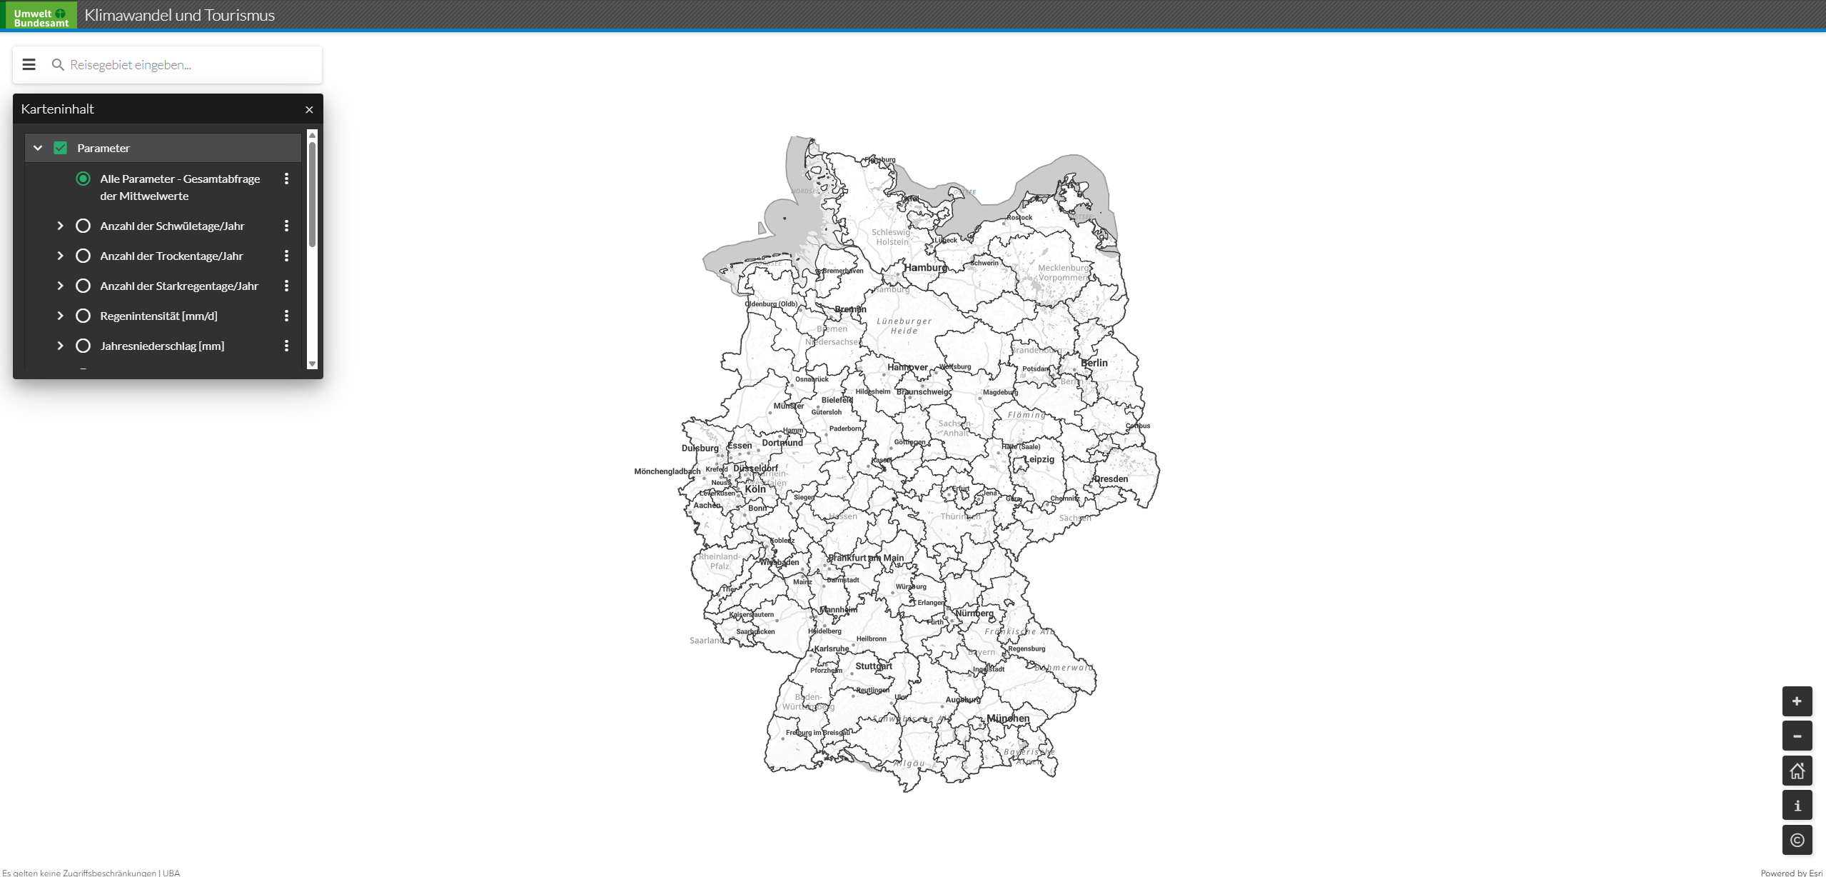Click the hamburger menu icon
tap(29, 65)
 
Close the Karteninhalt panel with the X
tap(309, 110)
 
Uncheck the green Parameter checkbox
tap(61, 148)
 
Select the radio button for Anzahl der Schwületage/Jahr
tap(83, 226)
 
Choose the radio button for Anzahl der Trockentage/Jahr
tap(83, 256)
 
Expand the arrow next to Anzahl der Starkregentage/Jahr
tap(60, 286)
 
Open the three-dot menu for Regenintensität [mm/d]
tap(286, 316)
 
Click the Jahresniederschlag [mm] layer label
tap(162, 346)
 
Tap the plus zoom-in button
tap(1797, 701)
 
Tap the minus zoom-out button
tap(1797, 736)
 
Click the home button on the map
tap(1797, 771)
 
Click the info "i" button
tap(1797, 806)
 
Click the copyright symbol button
tap(1797, 840)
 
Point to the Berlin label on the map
tap(1094, 363)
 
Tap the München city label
tap(1008, 718)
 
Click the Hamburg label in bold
tap(926, 268)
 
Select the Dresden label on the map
tap(1111, 479)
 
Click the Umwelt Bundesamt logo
tap(41, 16)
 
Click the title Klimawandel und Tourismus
tap(179, 15)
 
